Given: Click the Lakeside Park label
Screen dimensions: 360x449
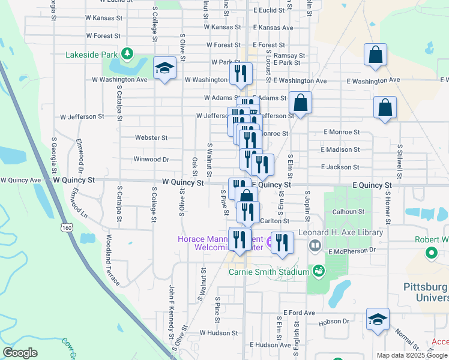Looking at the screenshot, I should pos(92,55).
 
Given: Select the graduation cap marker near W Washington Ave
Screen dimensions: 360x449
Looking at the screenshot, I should pos(164,69).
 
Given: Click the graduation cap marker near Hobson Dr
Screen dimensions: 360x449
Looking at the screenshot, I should pos(378,320).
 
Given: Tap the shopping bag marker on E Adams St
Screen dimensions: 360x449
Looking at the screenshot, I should pos(301,103).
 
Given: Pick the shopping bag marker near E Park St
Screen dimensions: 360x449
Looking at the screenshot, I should pos(375,55).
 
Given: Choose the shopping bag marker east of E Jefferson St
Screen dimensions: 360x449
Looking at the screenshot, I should pos(385,109).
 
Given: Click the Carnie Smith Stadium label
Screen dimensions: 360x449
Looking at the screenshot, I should pos(268,271).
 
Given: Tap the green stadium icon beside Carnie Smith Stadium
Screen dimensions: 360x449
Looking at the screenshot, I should pos(318,271).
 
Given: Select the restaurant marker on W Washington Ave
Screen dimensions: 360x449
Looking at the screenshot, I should pos(238,74).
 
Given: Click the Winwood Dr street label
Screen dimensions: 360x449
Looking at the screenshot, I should pos(151,160).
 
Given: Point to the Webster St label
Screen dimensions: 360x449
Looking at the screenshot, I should pos(151,137).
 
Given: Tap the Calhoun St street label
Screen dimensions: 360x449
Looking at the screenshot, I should pos(349,211).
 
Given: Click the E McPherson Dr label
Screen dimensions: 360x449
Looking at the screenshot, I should pos(352,250).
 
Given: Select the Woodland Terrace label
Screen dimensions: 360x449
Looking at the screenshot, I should pos(112,260).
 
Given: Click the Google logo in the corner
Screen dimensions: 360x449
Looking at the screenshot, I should pos(20,352).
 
